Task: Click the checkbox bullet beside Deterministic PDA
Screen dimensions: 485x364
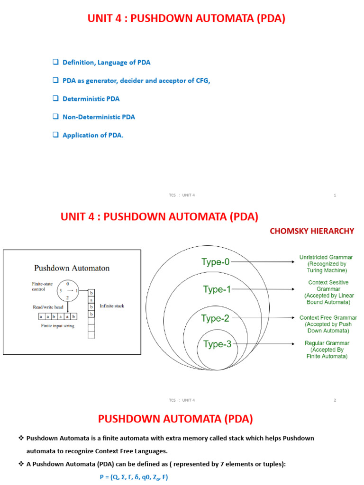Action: [x=55, y=99]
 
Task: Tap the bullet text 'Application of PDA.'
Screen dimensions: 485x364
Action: [x=93, y=135]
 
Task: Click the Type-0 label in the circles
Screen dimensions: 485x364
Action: [x=215, y=261]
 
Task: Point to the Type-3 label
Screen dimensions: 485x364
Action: [x=217, y=344]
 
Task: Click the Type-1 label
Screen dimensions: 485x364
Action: [x=217, y=289]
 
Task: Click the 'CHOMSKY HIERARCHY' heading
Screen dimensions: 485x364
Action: [x=311, y=231]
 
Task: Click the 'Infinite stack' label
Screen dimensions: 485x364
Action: [x=112, y=306]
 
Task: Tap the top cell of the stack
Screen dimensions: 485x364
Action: [x=91, y=293]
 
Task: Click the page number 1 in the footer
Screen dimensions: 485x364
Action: [x=335, y=196]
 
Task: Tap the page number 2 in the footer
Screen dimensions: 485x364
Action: [x=335, y=400]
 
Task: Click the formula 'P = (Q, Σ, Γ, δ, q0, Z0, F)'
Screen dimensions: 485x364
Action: [x=134, y=477]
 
